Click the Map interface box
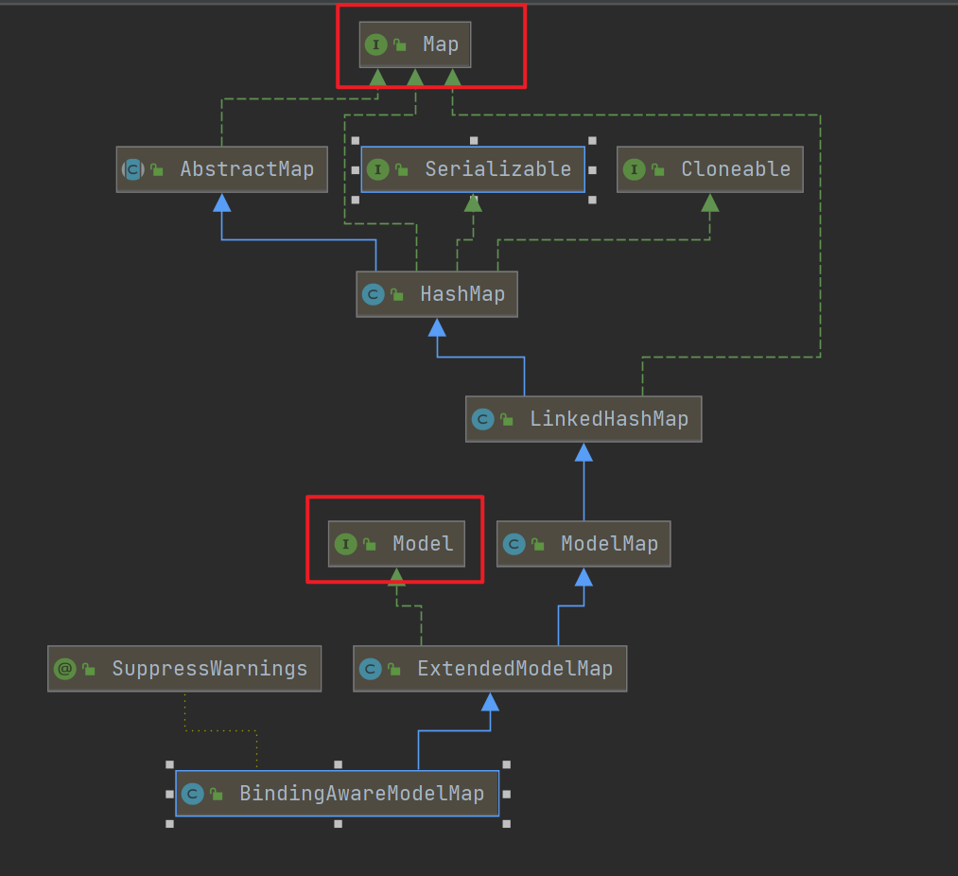(x=415, y=44)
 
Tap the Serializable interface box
(x=473, y=169)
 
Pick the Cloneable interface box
(x=709, y=169)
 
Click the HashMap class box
(x=437, y=294)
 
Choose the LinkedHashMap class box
(x=584, y=419)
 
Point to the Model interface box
(x=397, y=544)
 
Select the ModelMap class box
(x=584, y=544)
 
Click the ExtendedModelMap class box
(x=490, y=669)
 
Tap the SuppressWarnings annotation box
(x=184, y=669)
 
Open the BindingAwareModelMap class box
(x=337, y=794)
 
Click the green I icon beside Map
(x=375, y=44)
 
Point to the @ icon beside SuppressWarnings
(x=64, y=669)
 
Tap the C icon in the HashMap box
(x=373, y=294)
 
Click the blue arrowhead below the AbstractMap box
(x=222, y=202)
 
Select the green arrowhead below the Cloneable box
(x=710, y=202)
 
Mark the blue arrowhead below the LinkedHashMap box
(x=584, y=452)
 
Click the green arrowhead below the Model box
(x=397, y=576)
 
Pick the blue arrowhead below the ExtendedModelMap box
(x=490, y=702)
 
